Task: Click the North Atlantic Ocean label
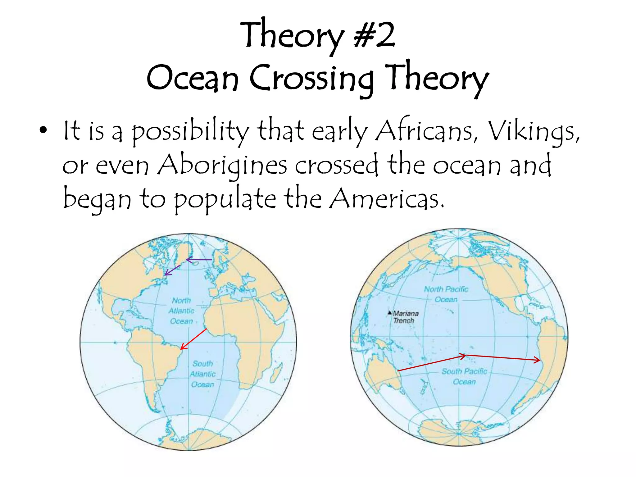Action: (x=181, y=311)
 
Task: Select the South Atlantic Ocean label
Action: (x=202, y=374)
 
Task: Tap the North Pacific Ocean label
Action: (x=446, y=294)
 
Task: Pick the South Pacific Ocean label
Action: (x=464, y=376)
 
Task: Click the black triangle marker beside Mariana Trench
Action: (x=389, y=312)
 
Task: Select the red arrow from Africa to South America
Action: (x=194, y=339)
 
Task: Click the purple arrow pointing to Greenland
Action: (x=199, y=260)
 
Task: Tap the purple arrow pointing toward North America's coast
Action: (x=172, y=270)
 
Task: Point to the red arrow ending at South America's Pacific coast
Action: (x=503, y=357)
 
